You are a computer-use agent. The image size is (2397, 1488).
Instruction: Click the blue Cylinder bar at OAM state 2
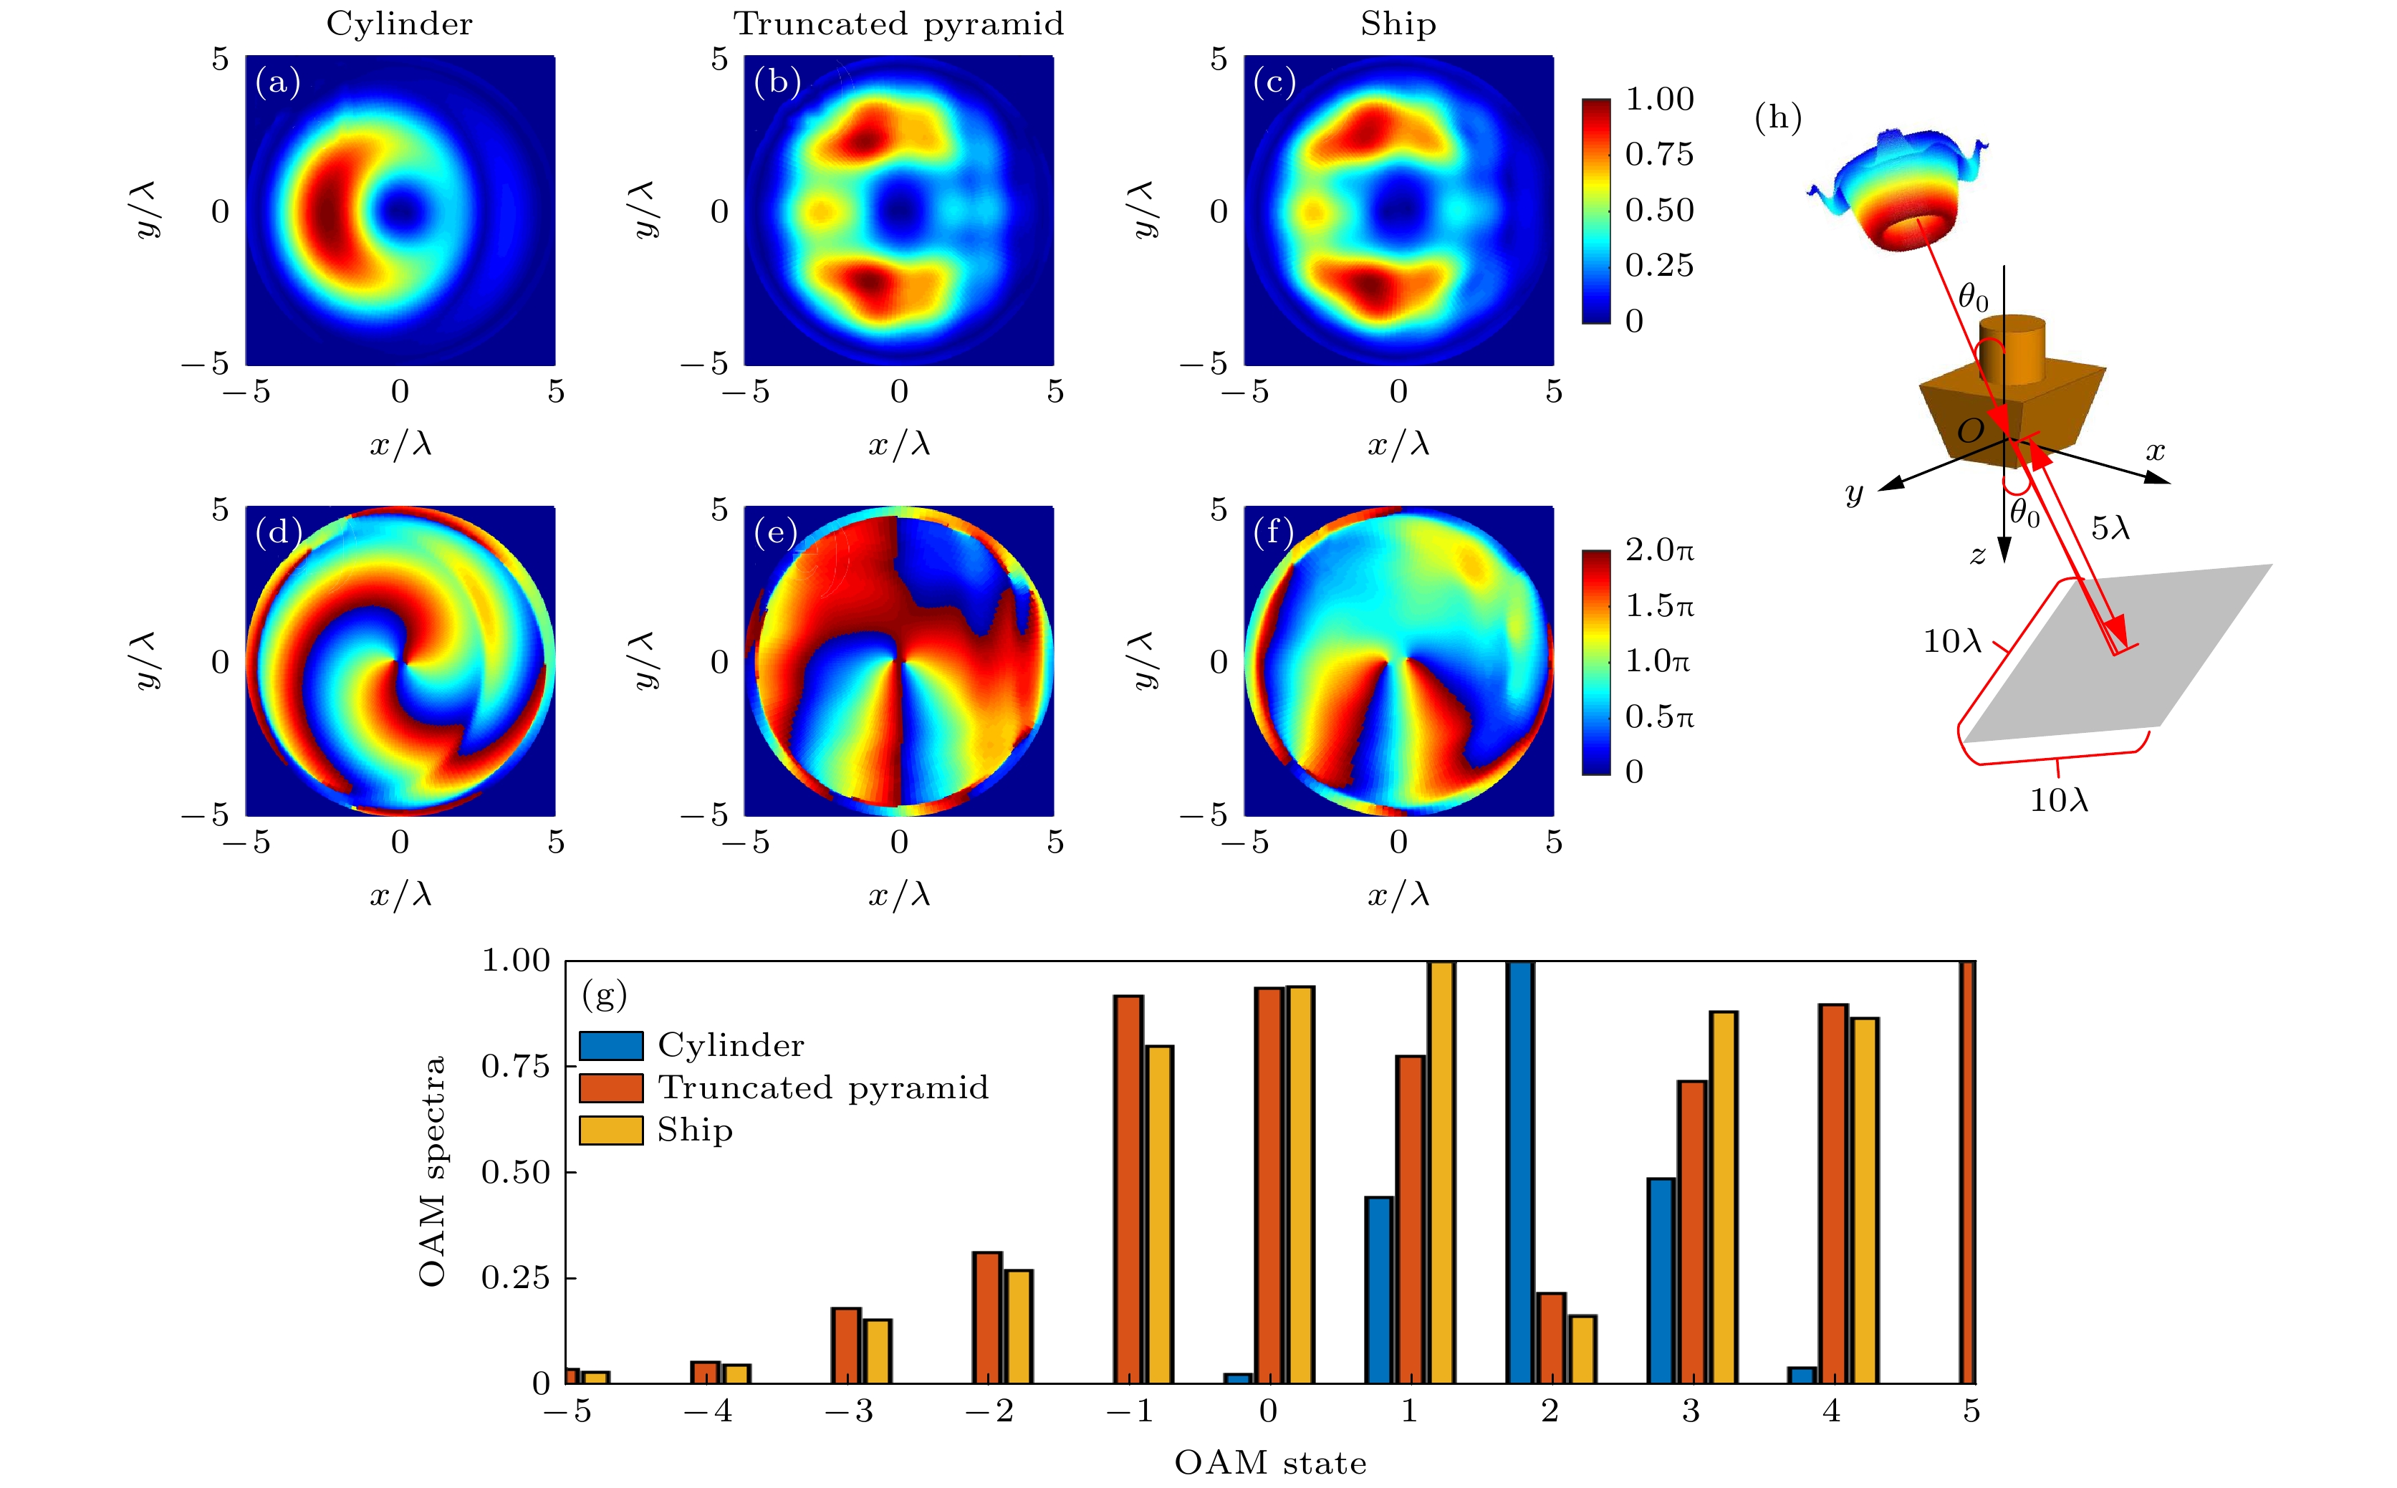tap(1519, 1171)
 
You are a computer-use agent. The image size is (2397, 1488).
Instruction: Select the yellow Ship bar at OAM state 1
tap(1441, 1171)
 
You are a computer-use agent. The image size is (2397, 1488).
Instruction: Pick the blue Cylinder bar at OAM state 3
tap(1661, 1280)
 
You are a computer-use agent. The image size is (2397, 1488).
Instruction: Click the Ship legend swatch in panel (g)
tap(610, 1130)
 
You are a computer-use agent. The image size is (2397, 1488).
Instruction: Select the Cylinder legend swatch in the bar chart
tap(610, 1045)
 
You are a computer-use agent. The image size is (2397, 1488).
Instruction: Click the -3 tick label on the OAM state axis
tap(848, 1412)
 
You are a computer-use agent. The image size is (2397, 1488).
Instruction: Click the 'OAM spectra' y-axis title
tap(433, 1171)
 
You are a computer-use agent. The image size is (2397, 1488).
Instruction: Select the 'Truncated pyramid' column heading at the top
tap(898, 24)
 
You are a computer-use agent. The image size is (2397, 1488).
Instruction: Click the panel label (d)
tap(277, 532)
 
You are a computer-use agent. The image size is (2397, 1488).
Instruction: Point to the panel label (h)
tap(1778, 118)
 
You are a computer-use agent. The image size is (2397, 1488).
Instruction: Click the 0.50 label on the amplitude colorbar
tap(1659, 210)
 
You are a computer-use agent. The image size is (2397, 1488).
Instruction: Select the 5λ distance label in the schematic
tap(2110, 529)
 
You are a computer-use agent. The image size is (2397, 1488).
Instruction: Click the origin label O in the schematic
tap(1971, 430)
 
